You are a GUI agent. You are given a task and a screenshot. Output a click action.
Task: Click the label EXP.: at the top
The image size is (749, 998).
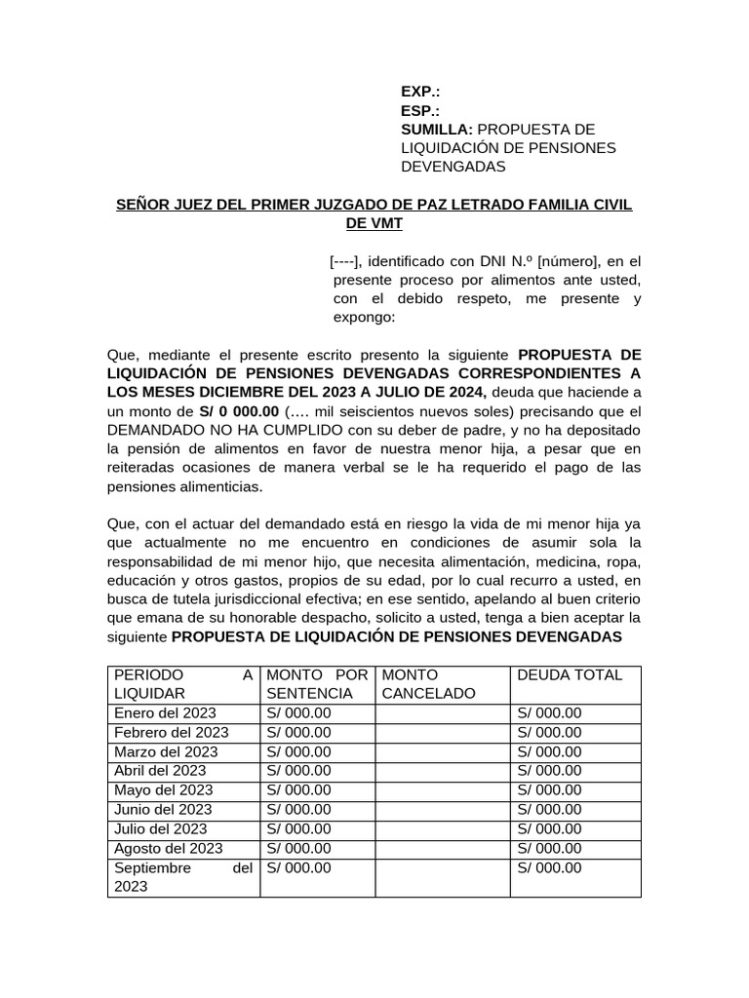[x=420, y=92]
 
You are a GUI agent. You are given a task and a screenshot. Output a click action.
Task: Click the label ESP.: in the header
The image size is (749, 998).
[x=420, y=110]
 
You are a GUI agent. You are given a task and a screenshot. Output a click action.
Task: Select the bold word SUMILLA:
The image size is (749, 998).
[x=437, y=130]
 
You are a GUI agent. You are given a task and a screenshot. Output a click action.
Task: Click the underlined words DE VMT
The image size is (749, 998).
[x=374, y=223]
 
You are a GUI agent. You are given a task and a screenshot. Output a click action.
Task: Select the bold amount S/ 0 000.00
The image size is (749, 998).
[x=239, y=411]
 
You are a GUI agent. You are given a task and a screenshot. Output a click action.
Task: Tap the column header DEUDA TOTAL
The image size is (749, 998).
[x=570, y=674]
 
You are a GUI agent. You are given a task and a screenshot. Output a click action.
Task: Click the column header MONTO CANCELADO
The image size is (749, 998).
[x=429, y=684]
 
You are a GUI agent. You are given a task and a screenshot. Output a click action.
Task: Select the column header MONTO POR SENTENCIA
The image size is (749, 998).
[x=317, y=684]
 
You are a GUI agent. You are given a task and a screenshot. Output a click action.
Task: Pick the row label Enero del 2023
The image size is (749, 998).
[x=165, y=712]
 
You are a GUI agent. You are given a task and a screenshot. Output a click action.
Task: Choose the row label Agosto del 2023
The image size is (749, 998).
[x=169, y=848]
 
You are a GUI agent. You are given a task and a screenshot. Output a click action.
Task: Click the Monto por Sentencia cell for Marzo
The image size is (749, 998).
[x=298, y=751]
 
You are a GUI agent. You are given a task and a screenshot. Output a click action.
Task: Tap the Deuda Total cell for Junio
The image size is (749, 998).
[x=549, y=809]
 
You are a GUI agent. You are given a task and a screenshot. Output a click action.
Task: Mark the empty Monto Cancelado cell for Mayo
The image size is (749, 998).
[x=443, y=789]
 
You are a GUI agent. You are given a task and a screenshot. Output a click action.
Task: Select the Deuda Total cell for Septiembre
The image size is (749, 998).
[x=549, y=867]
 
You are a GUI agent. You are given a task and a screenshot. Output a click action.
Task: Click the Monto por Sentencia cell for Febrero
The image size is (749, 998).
[x=298, y=732]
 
